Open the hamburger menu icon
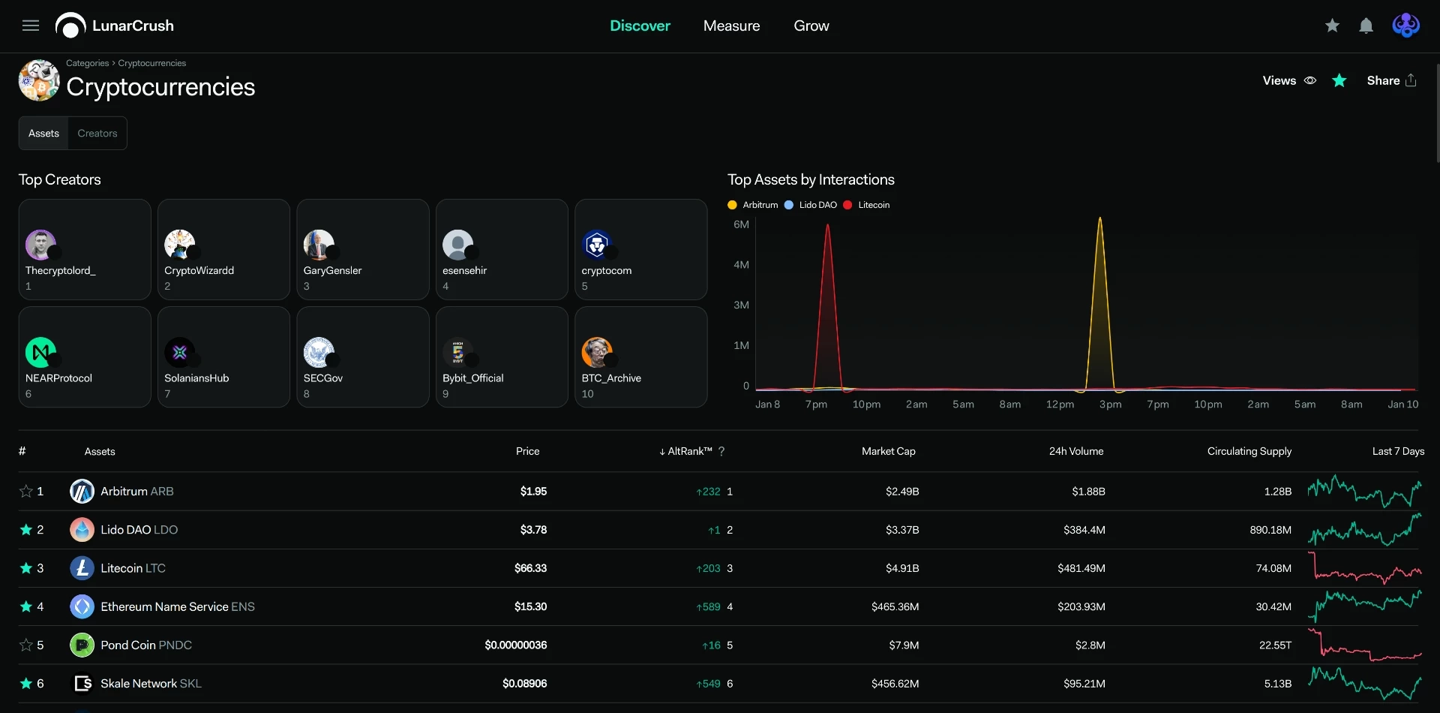click(x=31, y=26)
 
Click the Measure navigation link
click(x=731, y=26)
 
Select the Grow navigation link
click(x=811, y=26)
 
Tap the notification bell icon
click(x=1366, y=26)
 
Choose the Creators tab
click(x=97, y=133)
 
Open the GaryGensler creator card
click(x=363, y=249)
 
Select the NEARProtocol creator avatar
click(x=40, y=352)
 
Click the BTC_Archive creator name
click(x=611, y=378)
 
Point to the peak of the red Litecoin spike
click(x=827, y=224)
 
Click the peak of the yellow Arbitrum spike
click(x=1100, y=218)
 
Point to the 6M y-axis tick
click(x=741, y=224)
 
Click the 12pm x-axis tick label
click(x=1060, y=405)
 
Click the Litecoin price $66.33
click(x=530, y=568)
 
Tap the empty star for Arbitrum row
click(x=26, y=491)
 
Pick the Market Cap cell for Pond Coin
click(x=904, y=645)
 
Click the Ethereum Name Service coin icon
click(x=82, y=606)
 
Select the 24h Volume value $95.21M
click(x=1084, y=684)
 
